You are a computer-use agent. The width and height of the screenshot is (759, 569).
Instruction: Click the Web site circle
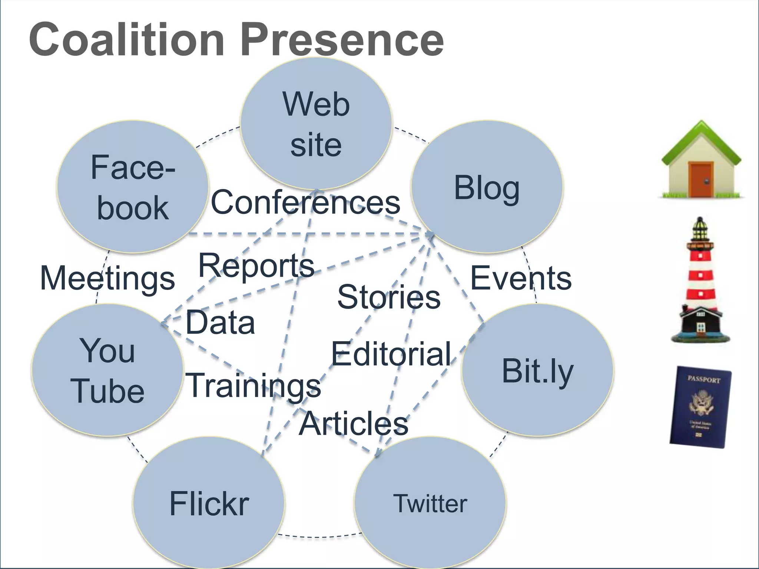(x=316, y=124)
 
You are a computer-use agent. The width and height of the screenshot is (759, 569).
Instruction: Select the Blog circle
(x=487, y=187)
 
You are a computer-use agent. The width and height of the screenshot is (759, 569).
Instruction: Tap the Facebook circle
(x=133, y=187)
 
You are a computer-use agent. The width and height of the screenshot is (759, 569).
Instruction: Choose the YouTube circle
(x=107, y=370)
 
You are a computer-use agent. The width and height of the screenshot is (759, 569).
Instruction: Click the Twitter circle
(x=430, y=503)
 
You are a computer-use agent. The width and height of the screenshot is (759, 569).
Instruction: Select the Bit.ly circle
(x=537, y=370)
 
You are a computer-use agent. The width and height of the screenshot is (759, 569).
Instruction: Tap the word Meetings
(x=107, y=279)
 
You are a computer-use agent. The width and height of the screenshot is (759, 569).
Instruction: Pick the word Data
(x=220, y=323)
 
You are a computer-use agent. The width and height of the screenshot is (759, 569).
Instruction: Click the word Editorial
(x=391, y=354)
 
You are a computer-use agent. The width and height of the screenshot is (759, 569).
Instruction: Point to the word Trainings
(x=253, y=385)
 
